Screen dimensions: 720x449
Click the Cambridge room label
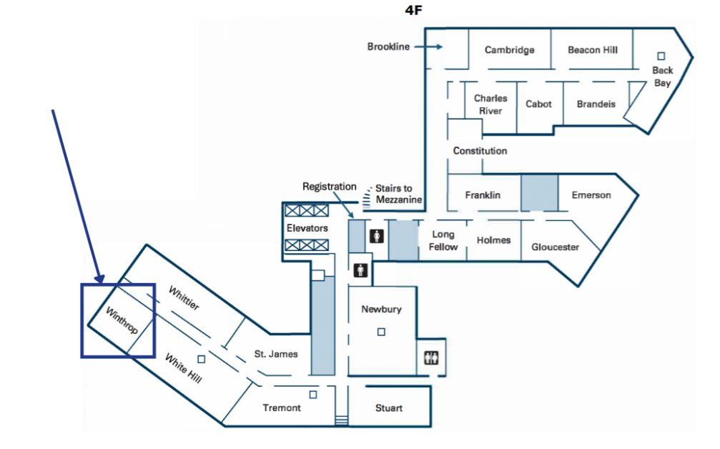(x=509, y=50)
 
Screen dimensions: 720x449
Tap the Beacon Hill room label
(x=592, y=49)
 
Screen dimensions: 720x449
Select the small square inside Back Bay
(x=661, y=56)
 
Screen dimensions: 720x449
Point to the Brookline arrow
(x=428, y=46)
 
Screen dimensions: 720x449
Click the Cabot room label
(x=538, y=104)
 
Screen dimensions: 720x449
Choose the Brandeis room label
(x=596, y=104)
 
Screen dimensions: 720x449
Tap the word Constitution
(x=480, y=151)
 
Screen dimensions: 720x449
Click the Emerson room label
(x=591, y=195)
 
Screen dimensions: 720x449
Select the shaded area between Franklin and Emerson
(x=539, y=192)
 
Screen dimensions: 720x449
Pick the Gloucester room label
(x=555, y=247)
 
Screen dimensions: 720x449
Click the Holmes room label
(x=493, y=240)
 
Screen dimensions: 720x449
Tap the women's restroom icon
(x=377, y=237)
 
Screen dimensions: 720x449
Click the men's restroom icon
(x=360, y=270)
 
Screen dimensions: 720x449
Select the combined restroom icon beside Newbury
(x=431, y=357)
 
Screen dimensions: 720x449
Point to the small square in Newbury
(x=381, y=332)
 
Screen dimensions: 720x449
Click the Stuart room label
(x=388, y=408)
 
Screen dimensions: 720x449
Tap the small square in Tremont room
(x=312, y=395)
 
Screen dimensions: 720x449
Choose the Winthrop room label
(x=122, y=320)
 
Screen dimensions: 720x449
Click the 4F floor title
(x=413, y=10)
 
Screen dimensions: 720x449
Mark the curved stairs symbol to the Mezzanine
(x=366, y=198)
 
